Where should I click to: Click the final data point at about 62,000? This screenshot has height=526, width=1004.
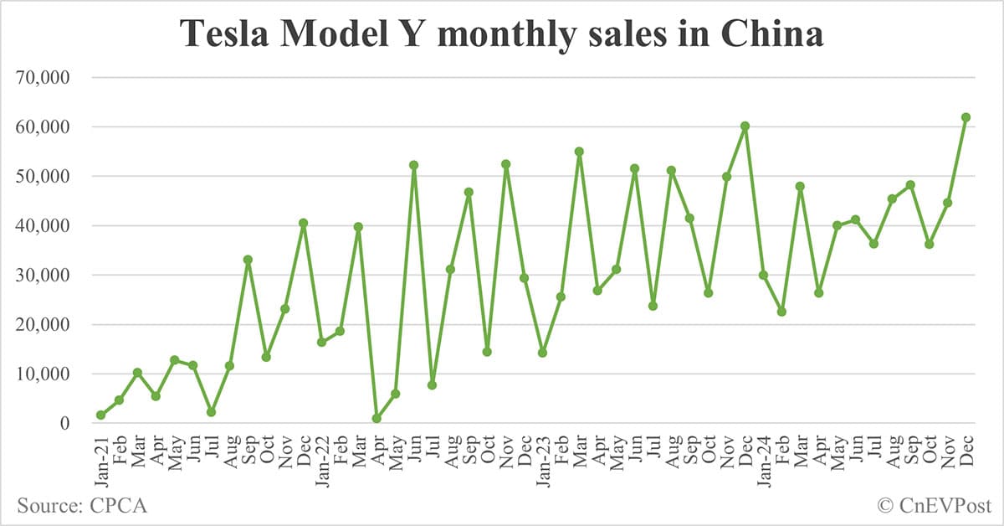click(x=966, y=117)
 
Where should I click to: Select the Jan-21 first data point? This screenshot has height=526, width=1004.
click(x=100, y=415)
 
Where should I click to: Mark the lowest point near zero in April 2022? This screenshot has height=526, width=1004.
click(x=376, y=419)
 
